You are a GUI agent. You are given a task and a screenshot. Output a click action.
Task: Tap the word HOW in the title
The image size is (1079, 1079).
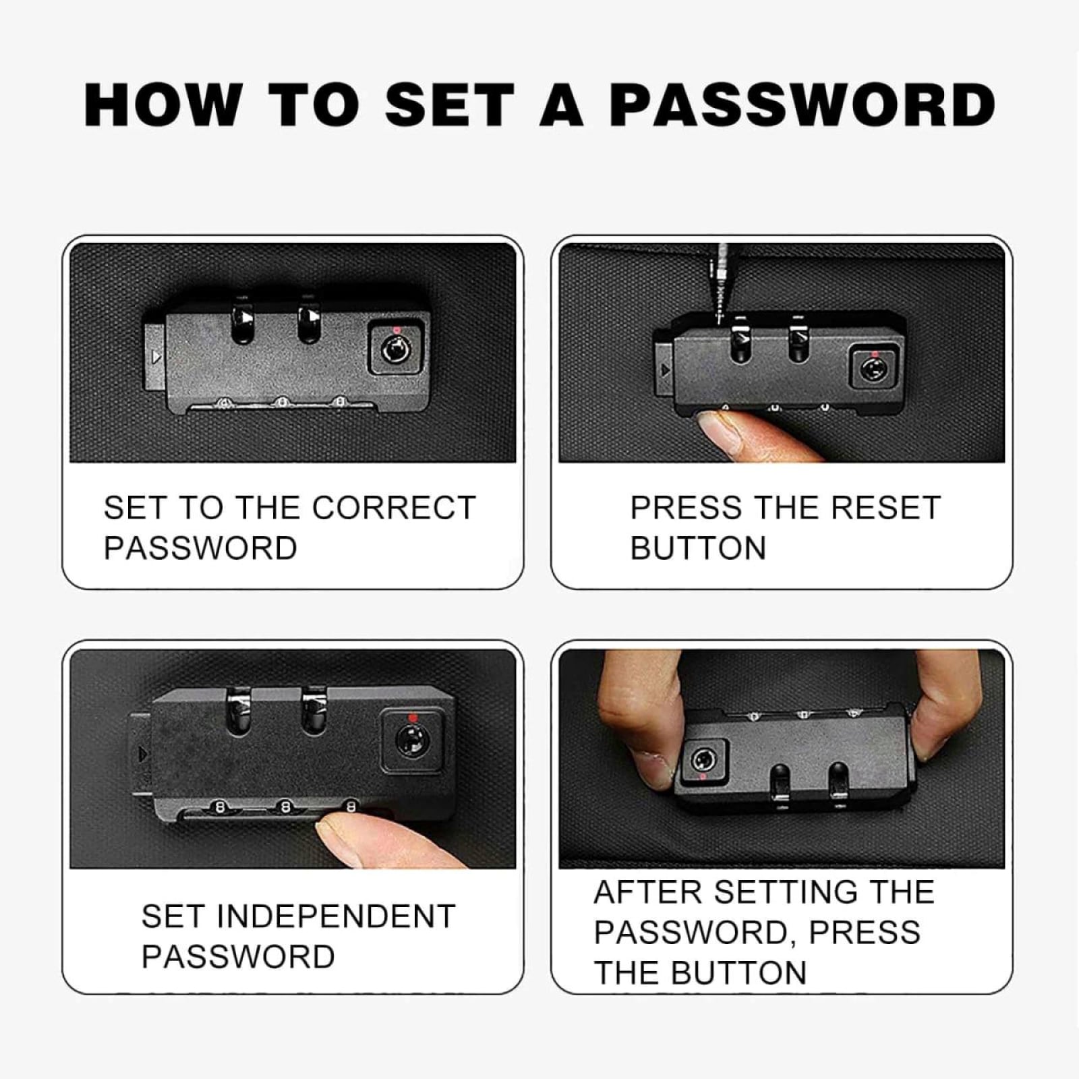[x=163, y=105]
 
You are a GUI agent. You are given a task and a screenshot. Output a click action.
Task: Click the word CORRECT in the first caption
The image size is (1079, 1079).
[x=394, y=508]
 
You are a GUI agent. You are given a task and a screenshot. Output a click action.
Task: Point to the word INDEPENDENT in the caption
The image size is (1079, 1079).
[x=336, y=916]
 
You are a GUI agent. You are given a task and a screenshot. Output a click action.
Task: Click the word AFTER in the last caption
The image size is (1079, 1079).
[x=648, y=892]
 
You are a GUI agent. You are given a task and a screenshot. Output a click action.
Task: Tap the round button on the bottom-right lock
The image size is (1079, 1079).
[x=702, y=761]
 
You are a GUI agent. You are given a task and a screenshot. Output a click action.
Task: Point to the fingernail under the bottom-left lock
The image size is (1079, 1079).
[x=337, y=840]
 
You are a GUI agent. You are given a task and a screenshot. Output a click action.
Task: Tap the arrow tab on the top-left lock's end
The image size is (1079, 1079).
[x=154, y=356]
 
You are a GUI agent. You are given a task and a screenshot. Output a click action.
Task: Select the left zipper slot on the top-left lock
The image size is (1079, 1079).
[x=243, y=321]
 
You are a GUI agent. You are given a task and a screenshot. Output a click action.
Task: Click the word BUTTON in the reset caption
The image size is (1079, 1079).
[x=699, y=548]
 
